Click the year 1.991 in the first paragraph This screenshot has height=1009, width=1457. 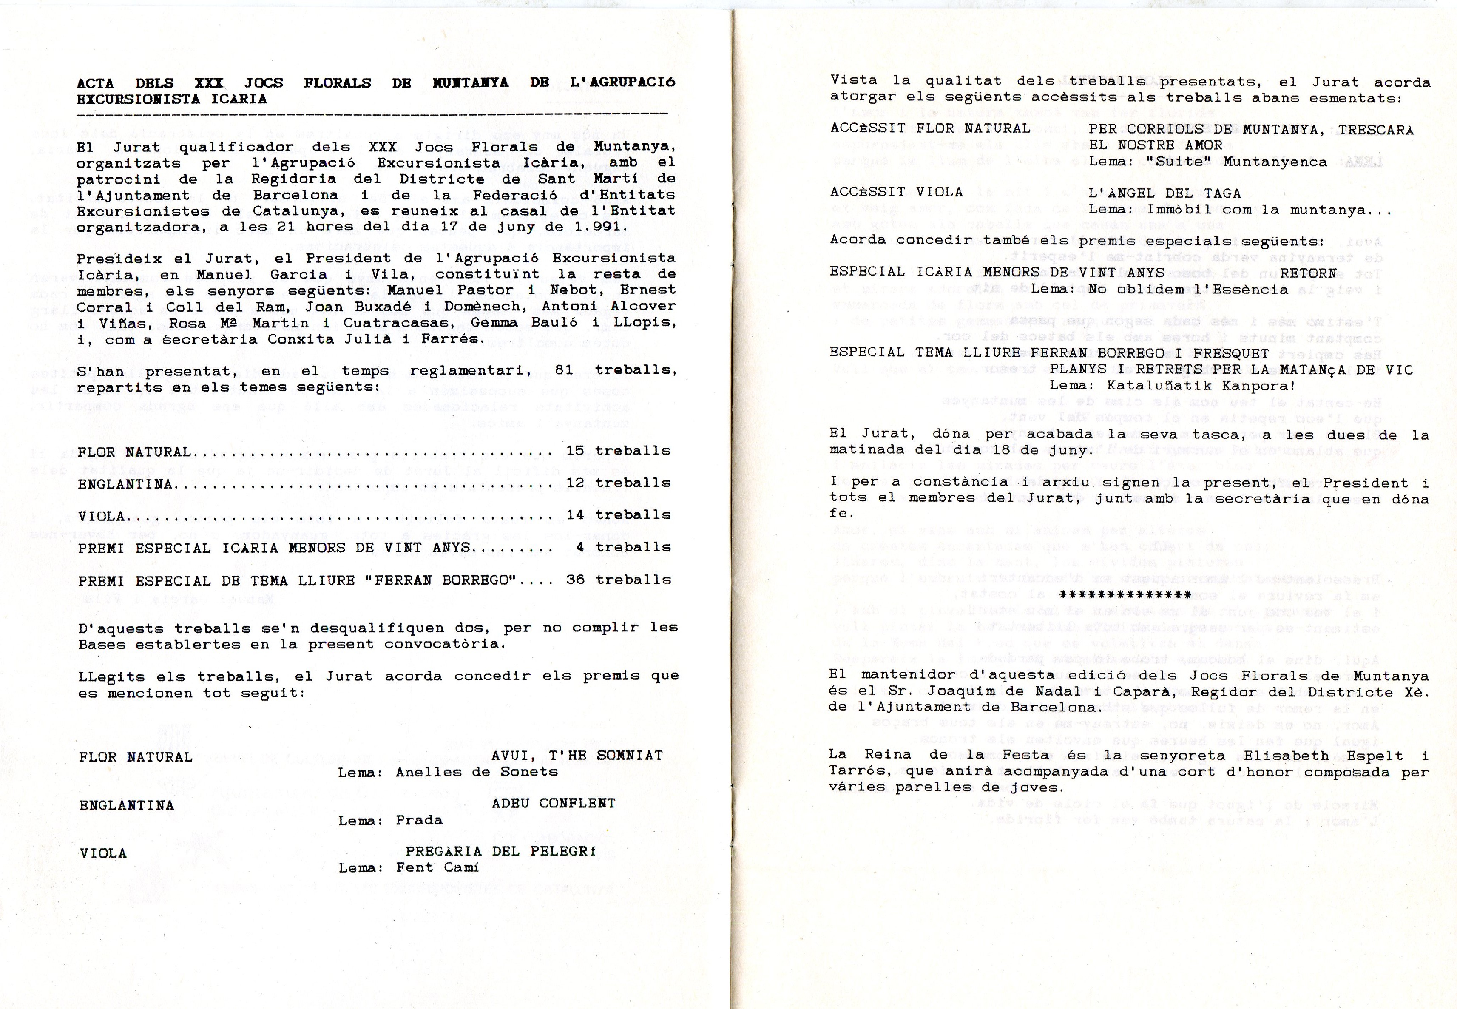tap(585, 226)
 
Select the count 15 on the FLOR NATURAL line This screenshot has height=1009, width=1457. tap(575, 451)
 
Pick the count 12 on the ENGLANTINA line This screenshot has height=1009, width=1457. tap(575, 483)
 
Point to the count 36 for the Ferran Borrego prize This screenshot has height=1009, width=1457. tap(575, 579)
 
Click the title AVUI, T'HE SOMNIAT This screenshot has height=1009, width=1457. tap(577, 756)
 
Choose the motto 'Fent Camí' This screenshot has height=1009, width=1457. tap(437, 867)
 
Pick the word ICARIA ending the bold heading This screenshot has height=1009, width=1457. tap(243, 99)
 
